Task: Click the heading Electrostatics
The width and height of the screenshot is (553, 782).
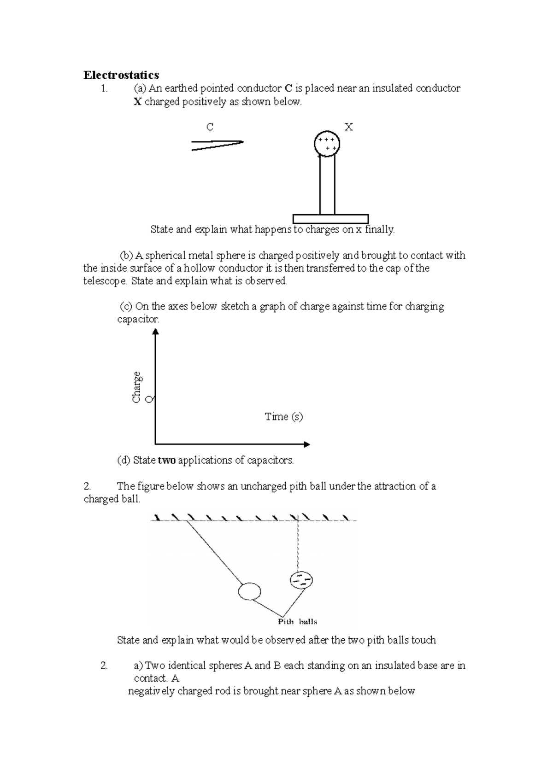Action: (121, 75)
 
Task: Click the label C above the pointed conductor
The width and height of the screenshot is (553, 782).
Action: (210, 127)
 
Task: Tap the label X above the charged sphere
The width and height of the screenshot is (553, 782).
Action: (348, 127)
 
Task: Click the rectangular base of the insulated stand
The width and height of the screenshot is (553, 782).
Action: (330, 219)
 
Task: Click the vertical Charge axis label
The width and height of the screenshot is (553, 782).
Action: (136, 387)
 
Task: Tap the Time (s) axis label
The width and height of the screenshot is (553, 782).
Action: (283, 417)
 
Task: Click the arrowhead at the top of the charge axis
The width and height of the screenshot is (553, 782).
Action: (155, 331)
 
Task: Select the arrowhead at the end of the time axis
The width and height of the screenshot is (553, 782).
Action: (306, 444)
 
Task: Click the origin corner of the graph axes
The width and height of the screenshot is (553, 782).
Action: (156, 444)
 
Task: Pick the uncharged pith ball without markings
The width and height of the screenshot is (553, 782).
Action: (250, 591)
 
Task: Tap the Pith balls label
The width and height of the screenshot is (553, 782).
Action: (297, 622)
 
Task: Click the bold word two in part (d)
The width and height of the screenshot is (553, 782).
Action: (166, 460)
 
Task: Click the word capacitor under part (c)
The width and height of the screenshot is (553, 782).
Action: (138, 319)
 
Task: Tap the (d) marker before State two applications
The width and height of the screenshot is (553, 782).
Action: (124, 460)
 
